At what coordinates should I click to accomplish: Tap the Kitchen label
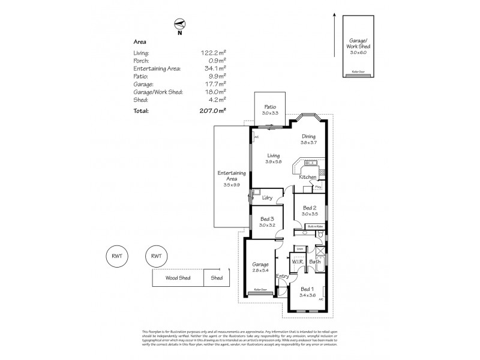coord(307,178)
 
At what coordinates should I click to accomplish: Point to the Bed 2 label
coord(310,211)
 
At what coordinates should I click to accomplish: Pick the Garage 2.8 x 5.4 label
coord(261,268)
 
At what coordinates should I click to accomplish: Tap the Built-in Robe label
coord(315,226)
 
